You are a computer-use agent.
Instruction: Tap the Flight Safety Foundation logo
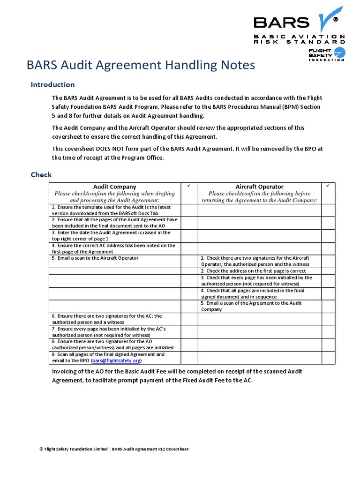pyautogui.click(x=326, y=54)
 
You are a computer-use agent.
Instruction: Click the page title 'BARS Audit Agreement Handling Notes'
pyautogui.click(x=141, y=65)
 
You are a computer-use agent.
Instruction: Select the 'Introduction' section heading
pyautogui.click(x=52, y=85)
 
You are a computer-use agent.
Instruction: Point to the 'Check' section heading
pyautogui.click(x=41, y=174)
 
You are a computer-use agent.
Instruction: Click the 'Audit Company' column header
pyautogui.click(x=114, y=187)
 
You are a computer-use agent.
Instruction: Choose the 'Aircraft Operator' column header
pyautogui.click(x=259, y=187)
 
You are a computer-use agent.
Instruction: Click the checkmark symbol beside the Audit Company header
pyautogui.click(x=189, y=187)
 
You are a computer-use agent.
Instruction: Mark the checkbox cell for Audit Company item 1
pyautogui.click(x=189, y=210)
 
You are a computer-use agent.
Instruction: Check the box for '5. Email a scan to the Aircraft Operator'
pyautogui.click(x=189, y=261)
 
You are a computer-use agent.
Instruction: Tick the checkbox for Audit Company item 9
pyautogui.click(x=189, y=358)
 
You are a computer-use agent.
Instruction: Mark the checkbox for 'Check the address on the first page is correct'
pyautogui.click(x=328, y=271)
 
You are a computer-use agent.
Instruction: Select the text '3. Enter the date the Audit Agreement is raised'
pyautogui.click(x=111, y=232)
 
